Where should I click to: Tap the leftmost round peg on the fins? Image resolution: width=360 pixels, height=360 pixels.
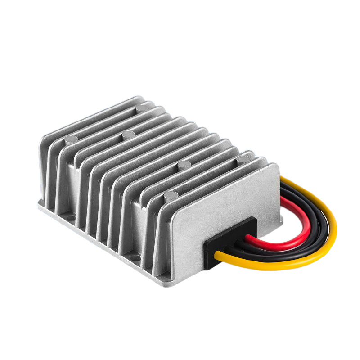71,140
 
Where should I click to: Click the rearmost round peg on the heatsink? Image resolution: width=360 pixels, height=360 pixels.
143,108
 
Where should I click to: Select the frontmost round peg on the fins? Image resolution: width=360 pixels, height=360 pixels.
171,196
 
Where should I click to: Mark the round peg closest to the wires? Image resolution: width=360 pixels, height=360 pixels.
244,159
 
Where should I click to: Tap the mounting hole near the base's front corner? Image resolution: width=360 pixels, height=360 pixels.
135,257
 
